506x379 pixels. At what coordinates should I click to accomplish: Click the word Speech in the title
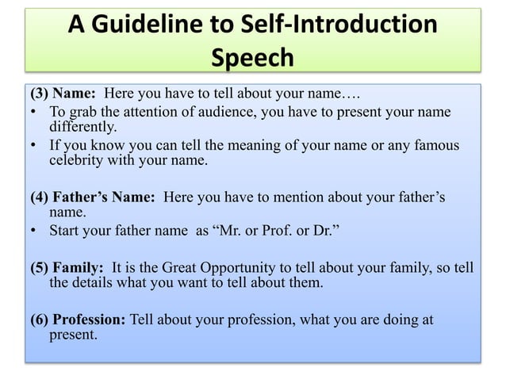click(x=253, y=58)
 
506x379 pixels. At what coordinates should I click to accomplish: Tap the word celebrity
click(x=79, y=161)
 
